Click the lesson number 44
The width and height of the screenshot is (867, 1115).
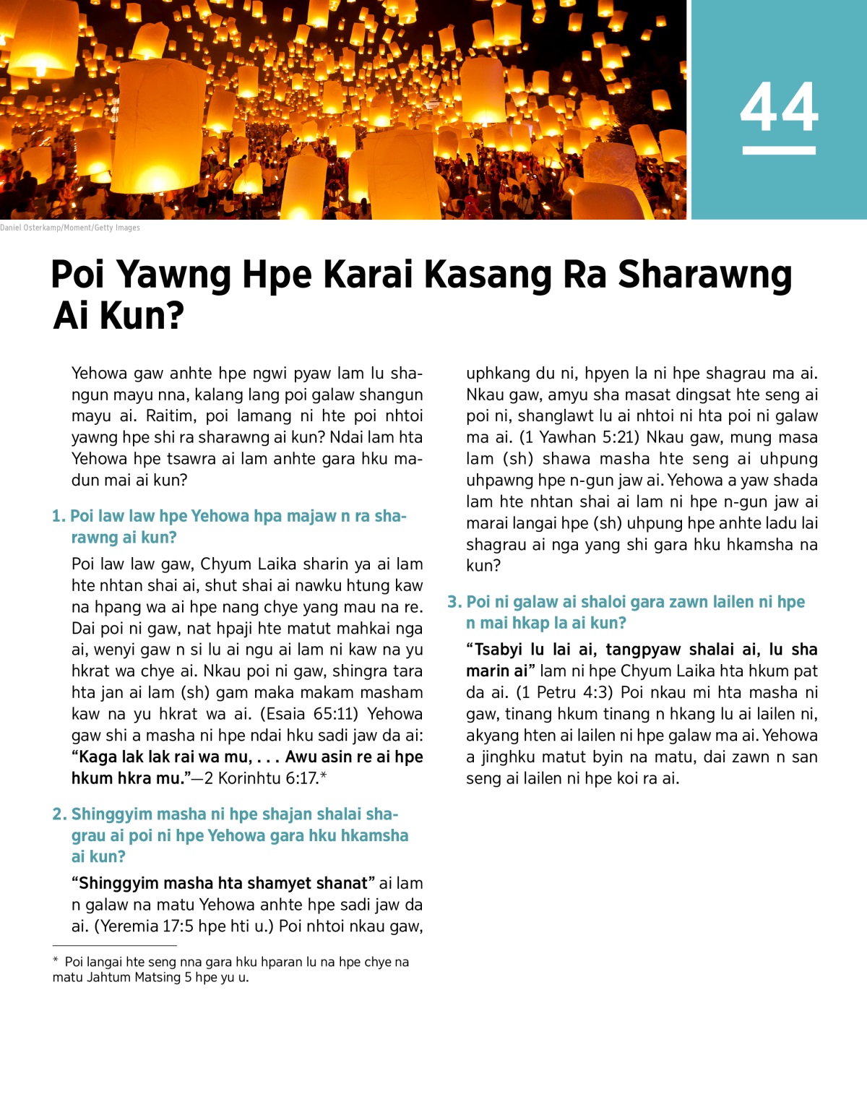tap(779, 107)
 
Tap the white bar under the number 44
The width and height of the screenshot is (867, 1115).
tap(779, 150)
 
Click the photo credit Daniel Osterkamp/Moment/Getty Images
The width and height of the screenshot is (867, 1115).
tap(70, 228)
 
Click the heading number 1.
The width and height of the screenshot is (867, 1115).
tap(58, 516)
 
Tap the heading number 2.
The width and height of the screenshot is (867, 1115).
tap(59, 814)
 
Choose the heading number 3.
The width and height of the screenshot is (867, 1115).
tap(454, 602)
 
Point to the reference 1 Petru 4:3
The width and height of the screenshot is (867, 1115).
tap(564, 692)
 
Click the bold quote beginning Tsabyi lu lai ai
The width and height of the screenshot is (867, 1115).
tap(642, 650)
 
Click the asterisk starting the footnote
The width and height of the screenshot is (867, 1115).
tap(56, 962)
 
